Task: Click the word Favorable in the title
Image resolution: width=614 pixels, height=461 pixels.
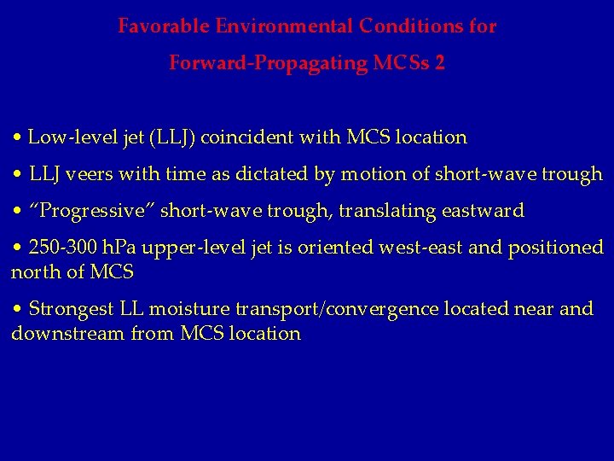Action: [165, 26]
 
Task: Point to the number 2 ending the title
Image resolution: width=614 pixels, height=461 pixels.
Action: [439, 63]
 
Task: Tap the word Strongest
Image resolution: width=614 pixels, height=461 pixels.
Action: [69, 309]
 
